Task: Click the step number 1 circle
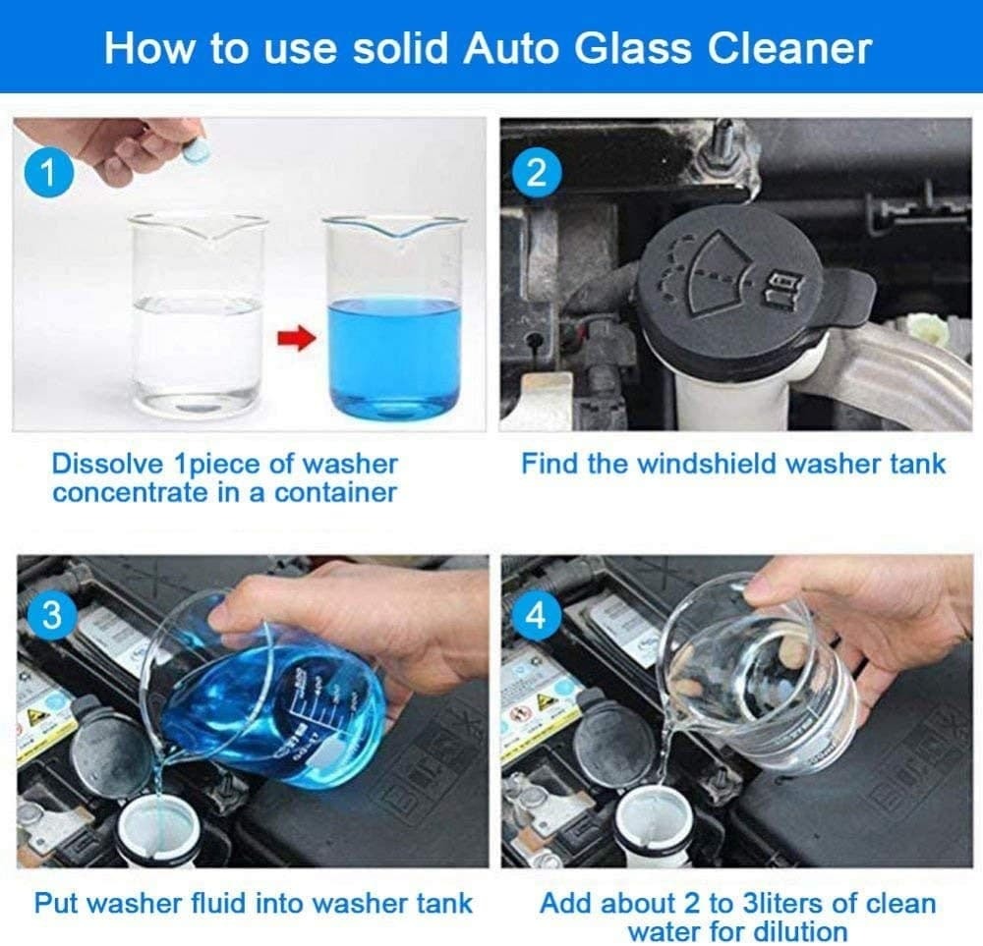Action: (x=46, y=177)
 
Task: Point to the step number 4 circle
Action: (x=536, y=615)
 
